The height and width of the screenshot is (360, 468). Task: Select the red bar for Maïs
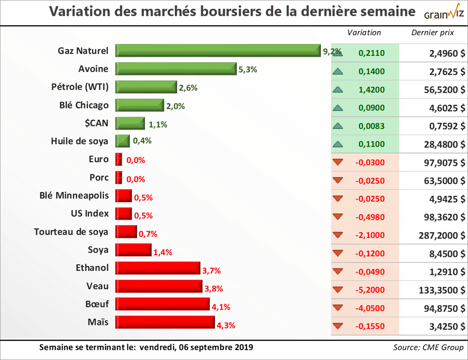tap(165, 322)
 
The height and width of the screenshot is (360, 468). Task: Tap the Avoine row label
tap(93, 69)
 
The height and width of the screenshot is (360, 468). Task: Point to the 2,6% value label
tap(188, 88)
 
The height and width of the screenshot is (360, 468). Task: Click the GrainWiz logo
tap(443, 13)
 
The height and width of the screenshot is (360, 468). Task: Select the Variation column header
tap(364, 32)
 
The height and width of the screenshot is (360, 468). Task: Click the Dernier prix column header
tap(432, 32)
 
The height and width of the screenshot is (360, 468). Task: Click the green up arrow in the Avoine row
tap(338, 71)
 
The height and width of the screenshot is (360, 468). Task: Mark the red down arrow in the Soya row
tap(338, 253)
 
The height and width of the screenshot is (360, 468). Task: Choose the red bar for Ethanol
tap(158, 268)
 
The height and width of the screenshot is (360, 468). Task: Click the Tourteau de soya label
tap(71, 232)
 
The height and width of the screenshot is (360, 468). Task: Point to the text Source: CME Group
tap(428, 347)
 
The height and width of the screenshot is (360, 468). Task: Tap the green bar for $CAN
tap(130, 123)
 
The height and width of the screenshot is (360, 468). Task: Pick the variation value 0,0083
tap(372, 126)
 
